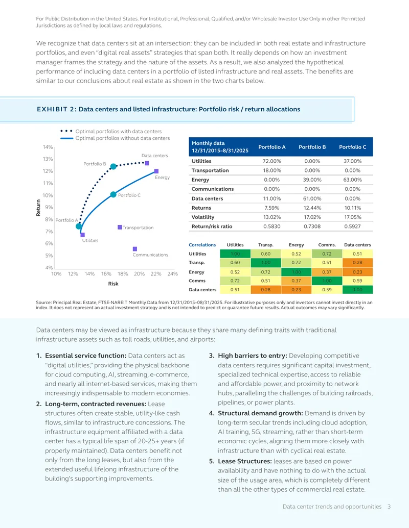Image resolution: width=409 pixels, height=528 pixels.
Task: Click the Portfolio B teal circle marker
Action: [113, 166]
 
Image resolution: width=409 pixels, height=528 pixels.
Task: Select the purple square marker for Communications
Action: [135, 249]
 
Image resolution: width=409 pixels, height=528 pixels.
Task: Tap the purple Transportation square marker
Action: [120, 228]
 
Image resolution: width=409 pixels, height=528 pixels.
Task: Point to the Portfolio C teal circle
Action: [113, 195]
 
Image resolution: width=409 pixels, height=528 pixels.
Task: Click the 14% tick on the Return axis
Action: [48, 147]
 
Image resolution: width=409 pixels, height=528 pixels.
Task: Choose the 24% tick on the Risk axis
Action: [172, 274]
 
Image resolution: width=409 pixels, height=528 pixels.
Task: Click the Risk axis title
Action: [113, 284]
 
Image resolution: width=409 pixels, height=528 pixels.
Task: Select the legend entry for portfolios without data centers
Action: [115, 138]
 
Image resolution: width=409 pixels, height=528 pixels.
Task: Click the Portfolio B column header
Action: [312, 147]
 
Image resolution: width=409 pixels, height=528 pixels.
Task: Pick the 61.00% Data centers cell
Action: [312, 198]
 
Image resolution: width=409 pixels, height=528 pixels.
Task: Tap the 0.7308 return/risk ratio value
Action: [312, 227]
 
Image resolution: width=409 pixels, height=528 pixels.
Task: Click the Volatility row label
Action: [203, 217]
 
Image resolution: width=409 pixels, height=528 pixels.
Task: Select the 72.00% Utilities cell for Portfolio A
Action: [271, 161]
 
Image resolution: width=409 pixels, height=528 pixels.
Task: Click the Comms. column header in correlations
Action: [327, 245]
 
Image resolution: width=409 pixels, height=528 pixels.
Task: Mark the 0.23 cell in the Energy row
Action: [357, 272]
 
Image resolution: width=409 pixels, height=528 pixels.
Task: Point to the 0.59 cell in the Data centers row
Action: [327, 289]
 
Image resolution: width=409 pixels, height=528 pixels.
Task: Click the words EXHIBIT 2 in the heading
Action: [57, 109]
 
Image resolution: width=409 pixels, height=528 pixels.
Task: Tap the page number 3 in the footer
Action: [389, 507]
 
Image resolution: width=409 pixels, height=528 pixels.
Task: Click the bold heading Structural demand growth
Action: [260, 413]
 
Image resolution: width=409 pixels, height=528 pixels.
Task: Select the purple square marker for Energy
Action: [156, 171]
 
